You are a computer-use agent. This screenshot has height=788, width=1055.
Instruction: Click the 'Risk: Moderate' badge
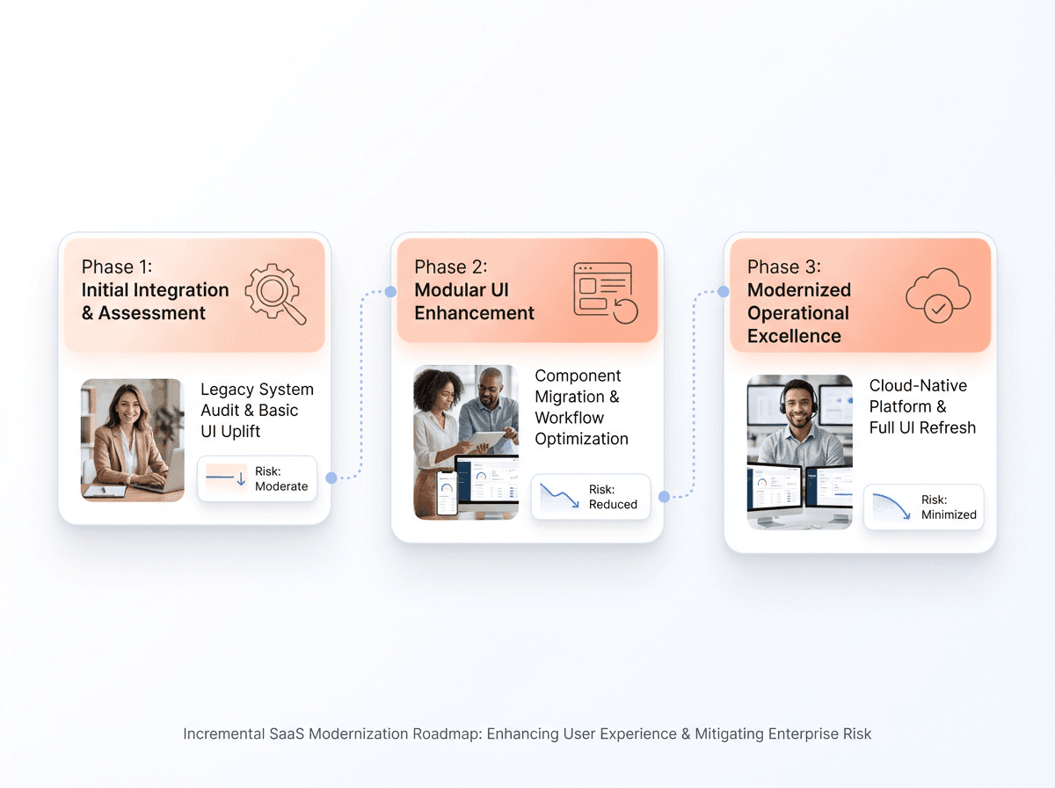pos(257,479)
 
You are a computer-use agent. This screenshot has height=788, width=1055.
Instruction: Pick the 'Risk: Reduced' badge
pos(590,497)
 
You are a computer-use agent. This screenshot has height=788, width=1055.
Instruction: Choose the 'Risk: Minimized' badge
pos(923,507)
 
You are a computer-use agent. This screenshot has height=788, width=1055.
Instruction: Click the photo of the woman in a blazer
pos(133,440)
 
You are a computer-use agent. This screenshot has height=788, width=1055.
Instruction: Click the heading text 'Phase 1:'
pos(117,267)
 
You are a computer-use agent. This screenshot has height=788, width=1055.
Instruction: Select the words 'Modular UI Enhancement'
pos(474,302)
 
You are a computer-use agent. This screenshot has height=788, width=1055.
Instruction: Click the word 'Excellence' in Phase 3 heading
pos(794,336)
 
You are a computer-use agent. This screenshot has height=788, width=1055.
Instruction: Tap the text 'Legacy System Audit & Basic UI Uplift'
pos(256,410)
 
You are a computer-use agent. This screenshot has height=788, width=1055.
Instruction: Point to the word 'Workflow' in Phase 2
pos(569,418)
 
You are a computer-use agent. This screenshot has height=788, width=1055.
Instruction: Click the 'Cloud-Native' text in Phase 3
pos(918,385)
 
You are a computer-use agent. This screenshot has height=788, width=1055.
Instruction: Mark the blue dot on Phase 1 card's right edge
pos(331,478)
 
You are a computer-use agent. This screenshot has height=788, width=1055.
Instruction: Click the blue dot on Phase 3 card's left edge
pos(724,291)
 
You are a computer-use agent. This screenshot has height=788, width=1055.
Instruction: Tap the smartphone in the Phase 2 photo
pos(447,492)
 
